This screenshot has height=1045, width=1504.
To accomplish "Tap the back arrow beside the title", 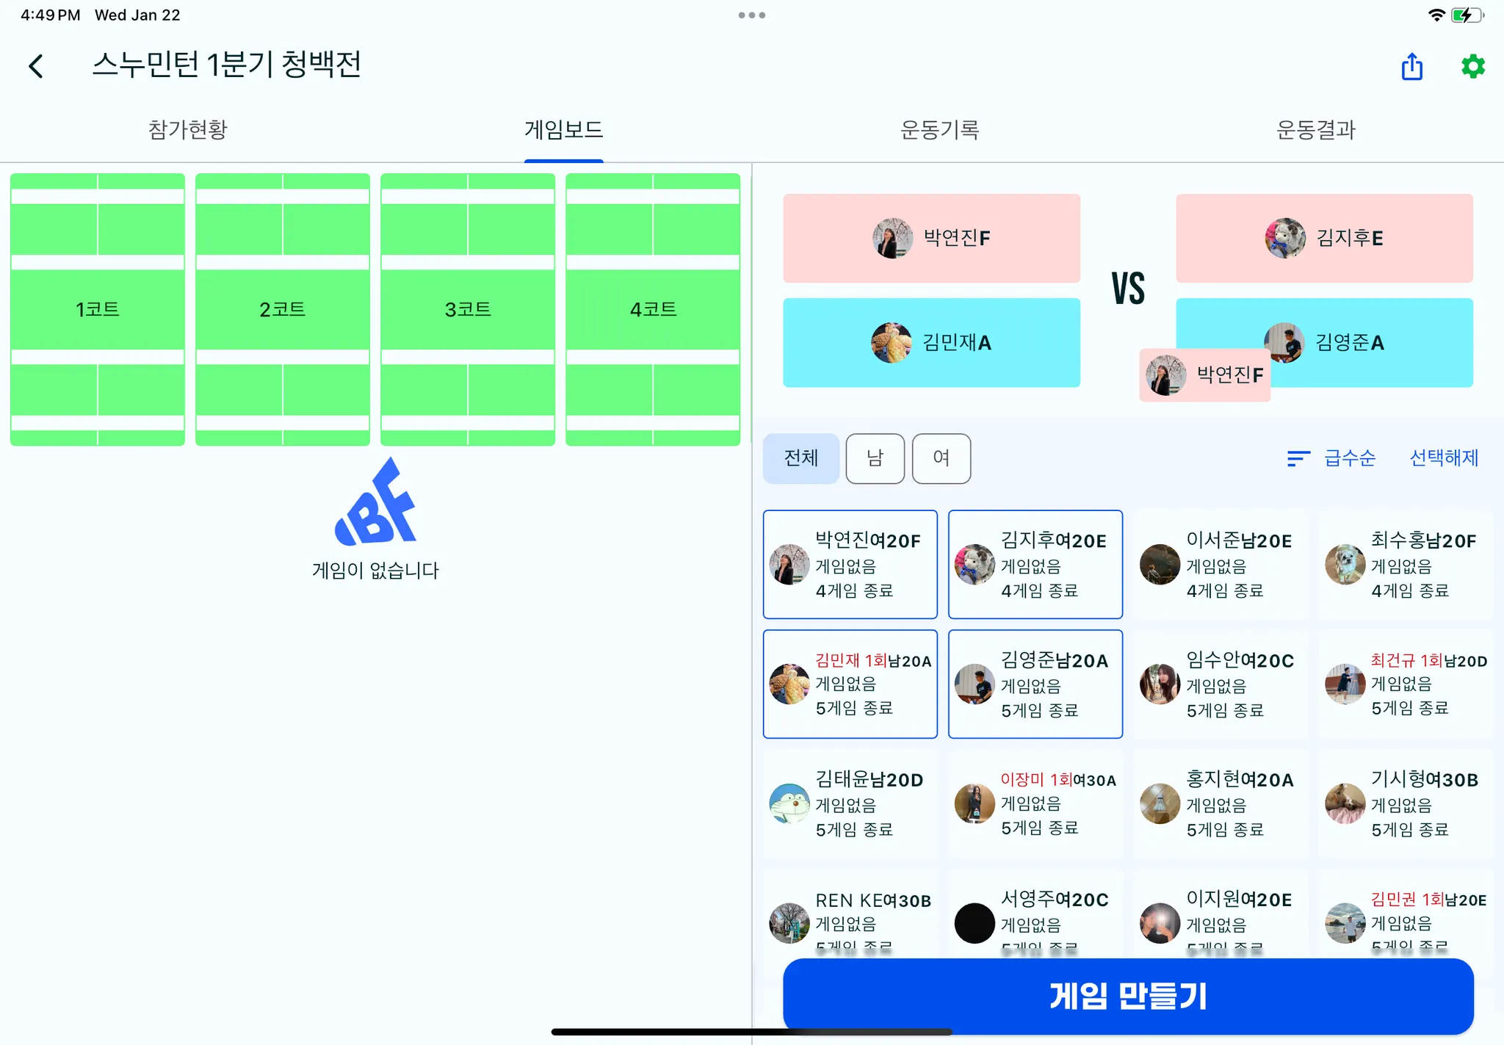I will (36, 66).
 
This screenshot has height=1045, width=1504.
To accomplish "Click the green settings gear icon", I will (1472, 67).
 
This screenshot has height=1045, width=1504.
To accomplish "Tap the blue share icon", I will (1411, 67).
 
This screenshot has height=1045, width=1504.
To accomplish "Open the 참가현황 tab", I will (188, 130).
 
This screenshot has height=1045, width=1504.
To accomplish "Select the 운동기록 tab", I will (939, 130).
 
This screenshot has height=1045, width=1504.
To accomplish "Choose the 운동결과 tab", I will (1315, 130).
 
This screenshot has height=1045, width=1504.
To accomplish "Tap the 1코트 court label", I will (98, 309).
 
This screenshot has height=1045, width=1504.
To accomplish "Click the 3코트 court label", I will (468, 309).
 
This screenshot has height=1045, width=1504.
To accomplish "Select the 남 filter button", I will (875, 458).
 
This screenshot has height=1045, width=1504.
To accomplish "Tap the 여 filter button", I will (941, 458).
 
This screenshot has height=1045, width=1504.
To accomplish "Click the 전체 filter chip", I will (800, 458).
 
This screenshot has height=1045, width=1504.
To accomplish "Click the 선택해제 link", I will (1444, 458).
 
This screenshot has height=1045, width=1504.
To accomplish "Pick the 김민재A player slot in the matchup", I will (931, 342).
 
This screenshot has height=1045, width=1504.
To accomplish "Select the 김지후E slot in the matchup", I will (1324, 238).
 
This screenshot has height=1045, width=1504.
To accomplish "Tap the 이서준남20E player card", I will (1221, 564).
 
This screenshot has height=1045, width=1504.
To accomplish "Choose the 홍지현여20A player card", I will (1221, 803).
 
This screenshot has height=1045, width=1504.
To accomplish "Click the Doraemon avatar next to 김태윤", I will (789, 803).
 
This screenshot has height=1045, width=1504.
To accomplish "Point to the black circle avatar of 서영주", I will (975, 923).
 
